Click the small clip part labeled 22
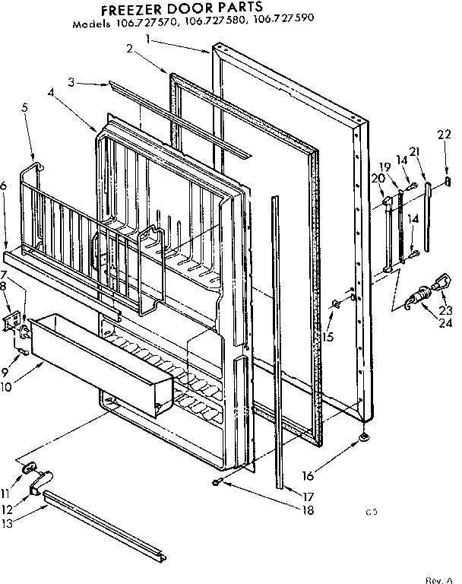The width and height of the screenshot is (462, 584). pos(448,181)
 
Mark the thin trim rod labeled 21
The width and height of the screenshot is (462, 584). pos(430,217)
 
